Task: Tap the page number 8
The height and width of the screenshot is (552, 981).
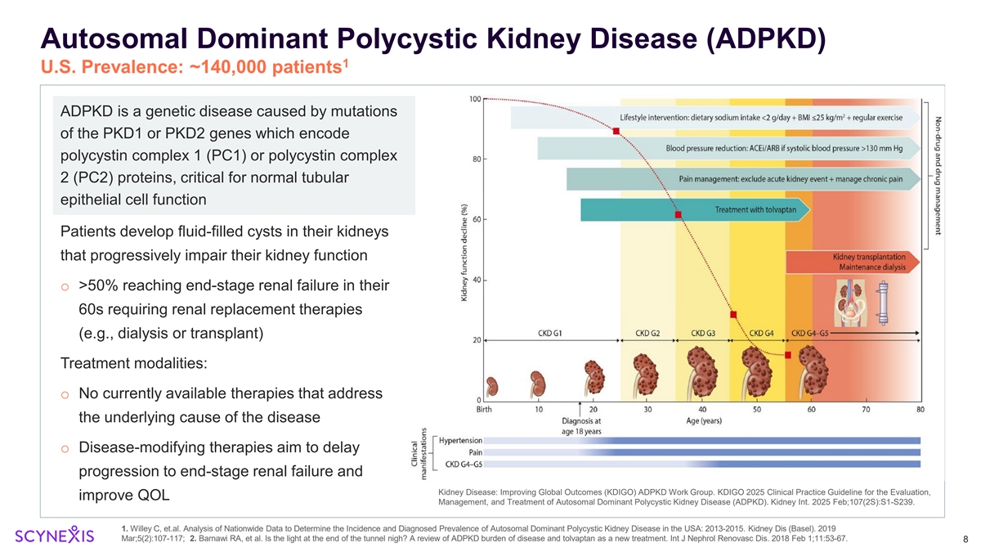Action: [965, 539]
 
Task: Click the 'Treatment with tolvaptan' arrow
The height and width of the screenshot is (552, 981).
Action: [695, 210]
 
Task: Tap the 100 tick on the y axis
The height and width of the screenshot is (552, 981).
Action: [474, 99]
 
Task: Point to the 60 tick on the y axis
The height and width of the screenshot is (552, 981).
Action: [475, 219]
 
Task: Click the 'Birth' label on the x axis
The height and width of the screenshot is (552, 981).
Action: [485, 409]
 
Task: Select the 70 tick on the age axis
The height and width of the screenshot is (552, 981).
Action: [866, 409]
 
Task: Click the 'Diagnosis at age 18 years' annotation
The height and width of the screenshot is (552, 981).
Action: [581, 426]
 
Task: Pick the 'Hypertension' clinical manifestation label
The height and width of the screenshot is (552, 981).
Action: [460, 440]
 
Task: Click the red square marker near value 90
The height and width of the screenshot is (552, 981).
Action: [616, 131]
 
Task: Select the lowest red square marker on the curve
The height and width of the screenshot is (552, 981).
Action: [788, 355]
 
